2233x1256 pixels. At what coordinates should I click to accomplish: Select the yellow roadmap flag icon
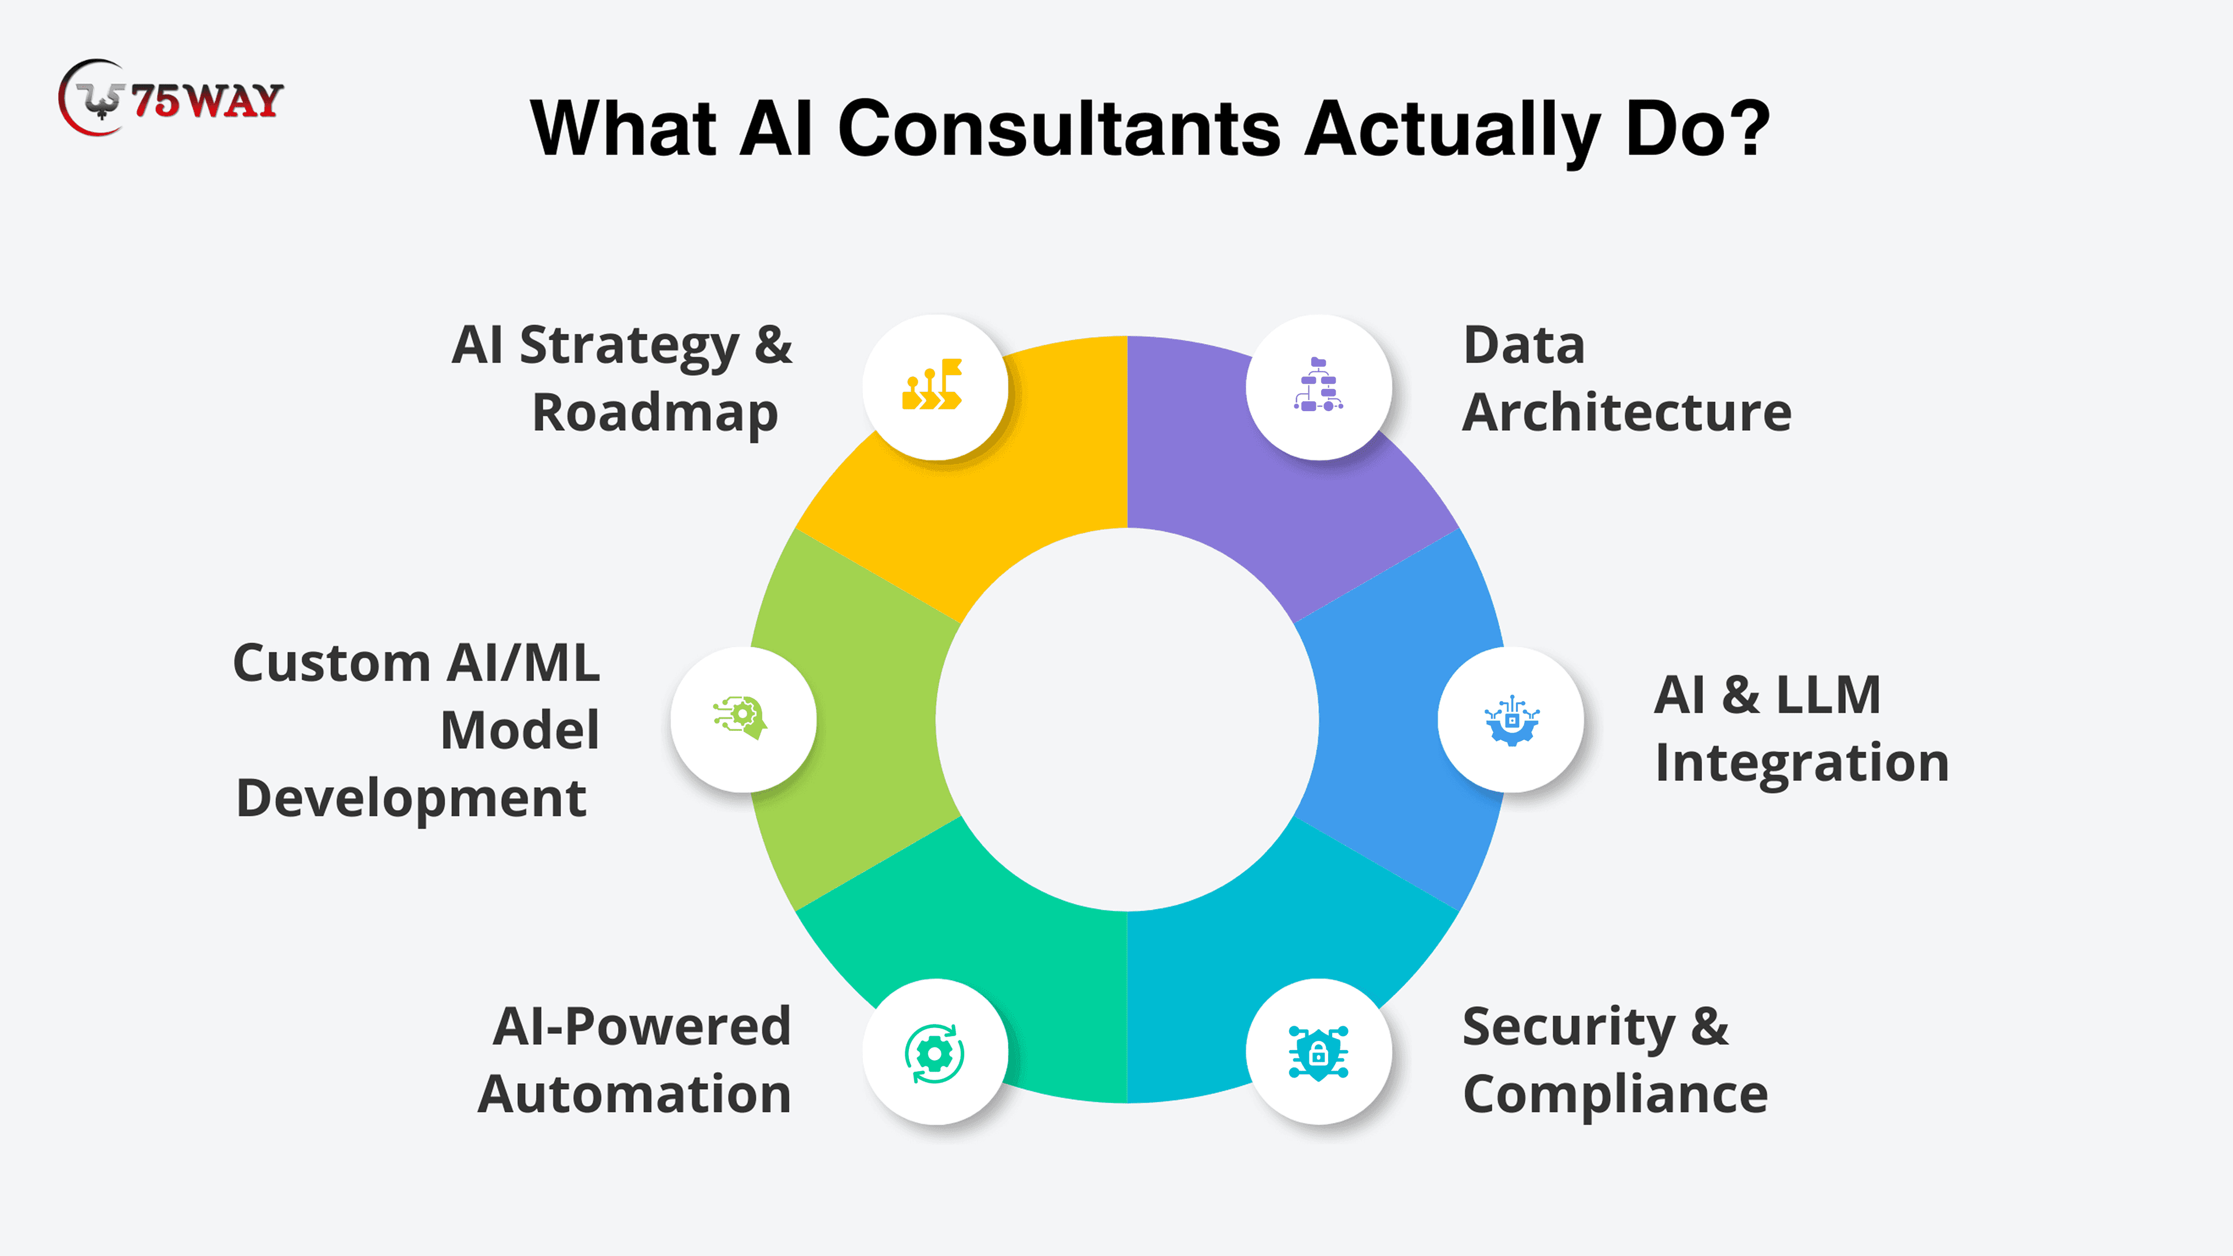point(933,385)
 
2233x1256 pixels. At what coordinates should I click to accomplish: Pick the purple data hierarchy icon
point(1318,385)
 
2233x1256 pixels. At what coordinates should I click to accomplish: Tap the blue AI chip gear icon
point(1511,719)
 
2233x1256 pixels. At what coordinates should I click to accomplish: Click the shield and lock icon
point(1318,1052)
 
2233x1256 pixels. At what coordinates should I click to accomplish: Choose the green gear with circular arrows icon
point(933,1053)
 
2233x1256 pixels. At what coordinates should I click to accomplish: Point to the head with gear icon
point(742,718)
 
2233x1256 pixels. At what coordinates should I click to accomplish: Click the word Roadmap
point(654,413)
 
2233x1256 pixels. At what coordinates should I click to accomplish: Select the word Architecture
point(1626,413)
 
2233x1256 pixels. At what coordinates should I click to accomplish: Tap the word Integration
point(1802,763)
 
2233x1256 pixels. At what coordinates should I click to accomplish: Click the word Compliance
point(1615,1094)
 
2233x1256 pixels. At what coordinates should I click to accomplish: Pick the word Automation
point(634,1094)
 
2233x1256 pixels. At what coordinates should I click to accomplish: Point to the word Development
point(411,798)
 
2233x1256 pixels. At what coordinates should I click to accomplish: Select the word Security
point(1569,1027)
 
